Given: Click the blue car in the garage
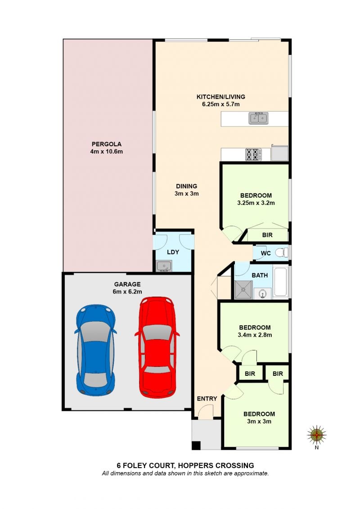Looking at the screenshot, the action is (95, 350).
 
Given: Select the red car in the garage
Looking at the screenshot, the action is (157, 347).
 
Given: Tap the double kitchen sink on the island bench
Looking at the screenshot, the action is (258, 118).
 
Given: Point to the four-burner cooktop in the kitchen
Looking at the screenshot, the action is (253, 154).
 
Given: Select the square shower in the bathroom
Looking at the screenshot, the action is (243, 289).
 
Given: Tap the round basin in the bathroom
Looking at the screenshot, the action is (263, 294).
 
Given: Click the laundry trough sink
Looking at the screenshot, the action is (164, 266).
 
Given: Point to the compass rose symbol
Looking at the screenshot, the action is (316, 435).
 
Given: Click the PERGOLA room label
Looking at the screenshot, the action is (107, 144).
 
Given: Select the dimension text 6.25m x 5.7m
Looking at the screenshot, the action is (221, 104).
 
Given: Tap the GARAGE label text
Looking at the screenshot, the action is (127, 284).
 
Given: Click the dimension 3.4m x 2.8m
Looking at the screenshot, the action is (255, 335).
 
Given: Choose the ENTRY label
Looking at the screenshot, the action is (207, 399).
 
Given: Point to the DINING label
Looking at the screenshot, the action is (187, 186).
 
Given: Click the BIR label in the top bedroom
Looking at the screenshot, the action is (267, 235).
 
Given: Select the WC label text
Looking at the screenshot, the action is (265, 253).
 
